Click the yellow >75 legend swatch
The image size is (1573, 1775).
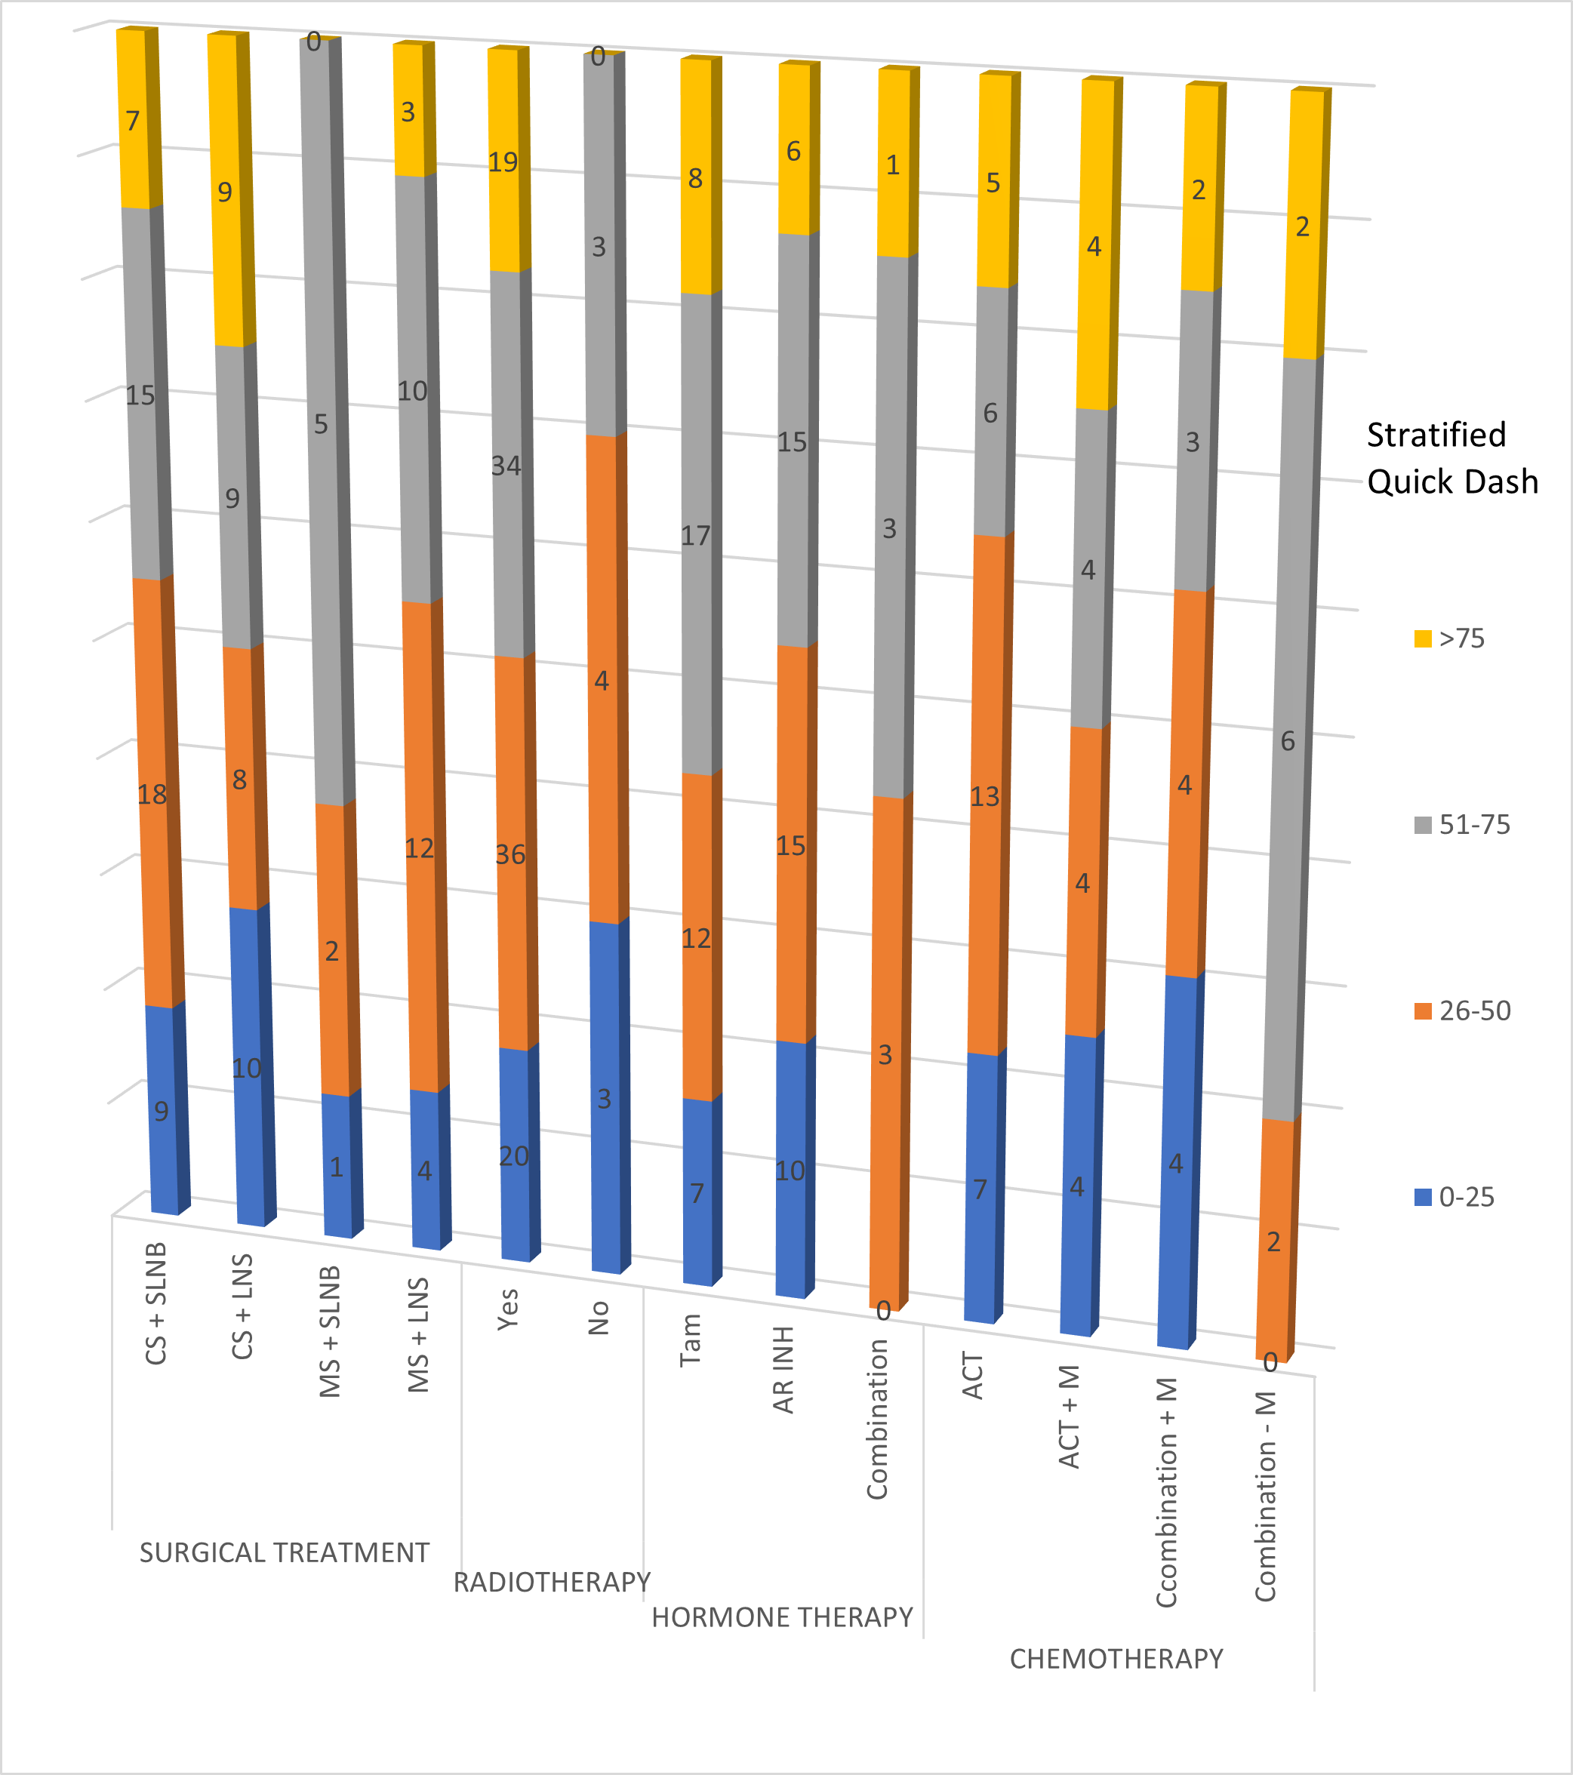[1423, 639]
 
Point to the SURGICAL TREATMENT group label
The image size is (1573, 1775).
[284, 1552]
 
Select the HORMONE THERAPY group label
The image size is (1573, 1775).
[782, 1618]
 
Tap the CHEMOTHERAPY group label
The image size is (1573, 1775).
[1116, 1660]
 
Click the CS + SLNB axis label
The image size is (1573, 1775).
[156, 1303]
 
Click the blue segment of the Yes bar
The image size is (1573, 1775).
[516, 1155]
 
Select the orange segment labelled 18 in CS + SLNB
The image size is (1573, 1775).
[152, 794]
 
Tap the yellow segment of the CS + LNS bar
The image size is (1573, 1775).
[229, 191]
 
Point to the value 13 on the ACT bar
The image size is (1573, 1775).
[985, 796]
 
